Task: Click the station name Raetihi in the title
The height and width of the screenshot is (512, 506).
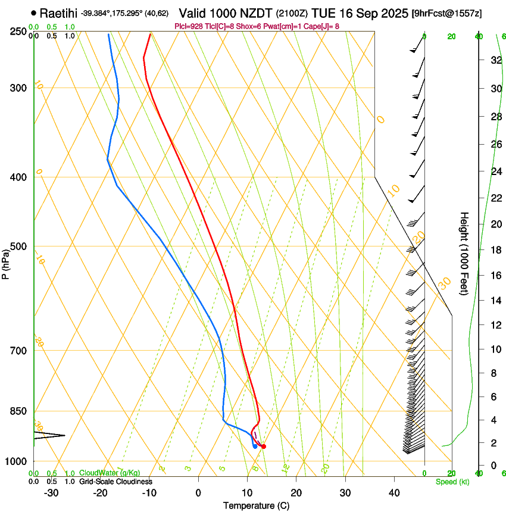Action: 59,13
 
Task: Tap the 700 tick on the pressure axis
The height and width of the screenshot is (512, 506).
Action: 20,351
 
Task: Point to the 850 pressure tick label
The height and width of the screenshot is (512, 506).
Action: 20,411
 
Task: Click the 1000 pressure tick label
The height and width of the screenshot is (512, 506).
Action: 17,461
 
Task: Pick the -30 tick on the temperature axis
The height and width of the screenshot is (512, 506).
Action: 51,493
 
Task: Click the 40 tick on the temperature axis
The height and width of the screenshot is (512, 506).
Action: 393,493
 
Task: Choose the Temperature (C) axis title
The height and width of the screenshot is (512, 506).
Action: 256,505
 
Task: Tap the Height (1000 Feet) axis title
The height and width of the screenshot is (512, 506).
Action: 464,254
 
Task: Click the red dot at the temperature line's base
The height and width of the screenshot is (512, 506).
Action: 264,446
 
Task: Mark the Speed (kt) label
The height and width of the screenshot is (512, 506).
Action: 452,482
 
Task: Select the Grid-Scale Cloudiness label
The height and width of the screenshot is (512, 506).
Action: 115,482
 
